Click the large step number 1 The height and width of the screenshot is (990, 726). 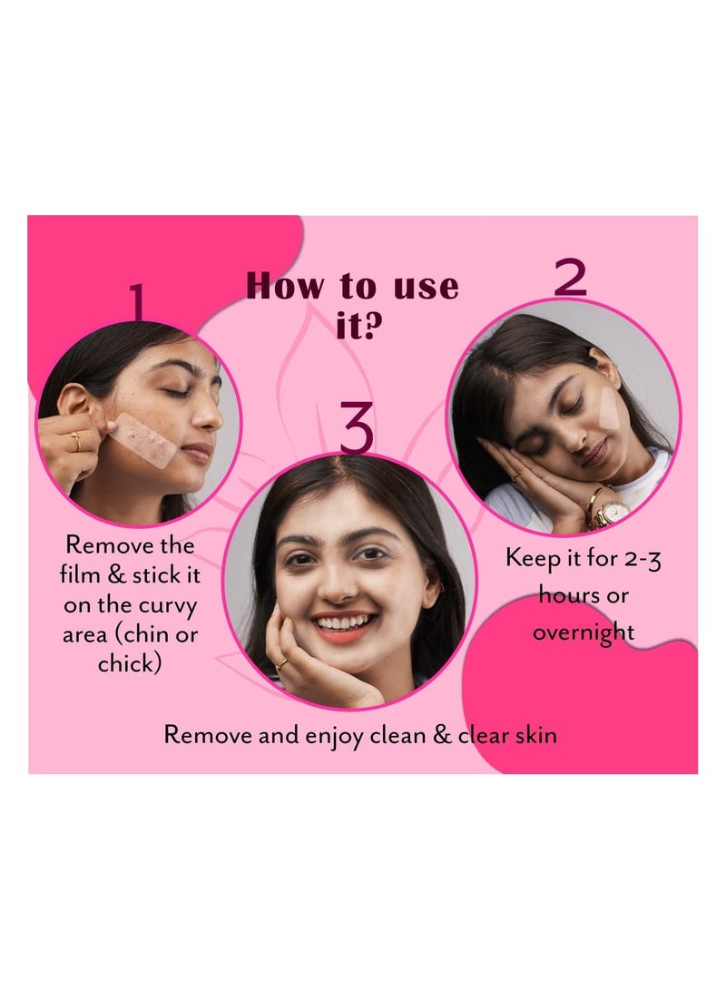pos(138,301)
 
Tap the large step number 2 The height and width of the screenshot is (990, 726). pos(570,278)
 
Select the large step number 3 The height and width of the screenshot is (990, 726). pos(358,427)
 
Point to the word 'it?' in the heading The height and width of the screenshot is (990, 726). pos(359,326)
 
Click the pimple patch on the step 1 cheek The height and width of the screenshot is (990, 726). pos(142,440)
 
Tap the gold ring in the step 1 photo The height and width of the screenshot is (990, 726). pos(76,441)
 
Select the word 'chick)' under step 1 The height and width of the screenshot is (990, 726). pos(130,663)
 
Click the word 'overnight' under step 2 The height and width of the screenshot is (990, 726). pos(584,632)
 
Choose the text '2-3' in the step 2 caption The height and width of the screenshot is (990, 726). pos(642,559)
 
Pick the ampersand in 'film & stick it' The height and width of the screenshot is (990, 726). pos(116,574)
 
